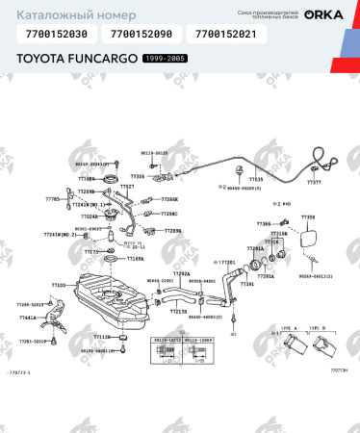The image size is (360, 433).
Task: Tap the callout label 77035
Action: click(256, 179)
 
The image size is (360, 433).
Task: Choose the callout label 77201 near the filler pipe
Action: click(227, 261)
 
